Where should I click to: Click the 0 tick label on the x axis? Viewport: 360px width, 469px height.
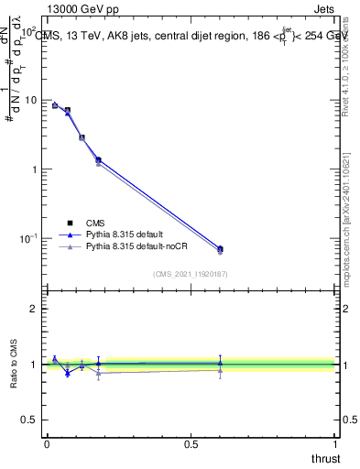tap(47, 444)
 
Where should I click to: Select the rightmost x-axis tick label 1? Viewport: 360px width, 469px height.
tap(334, 444)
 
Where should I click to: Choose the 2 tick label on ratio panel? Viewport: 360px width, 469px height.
tap(34, 309)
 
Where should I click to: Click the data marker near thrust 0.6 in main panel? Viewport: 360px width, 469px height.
tap(220, 248)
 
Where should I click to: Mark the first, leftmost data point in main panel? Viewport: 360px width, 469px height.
tap(55, 105)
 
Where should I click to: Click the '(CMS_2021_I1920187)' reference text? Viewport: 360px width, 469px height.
tap(190, 273)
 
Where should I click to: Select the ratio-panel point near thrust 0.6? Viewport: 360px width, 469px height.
tap(220, 364)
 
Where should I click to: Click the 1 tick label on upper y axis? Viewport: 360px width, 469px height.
tap(34, 169)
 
